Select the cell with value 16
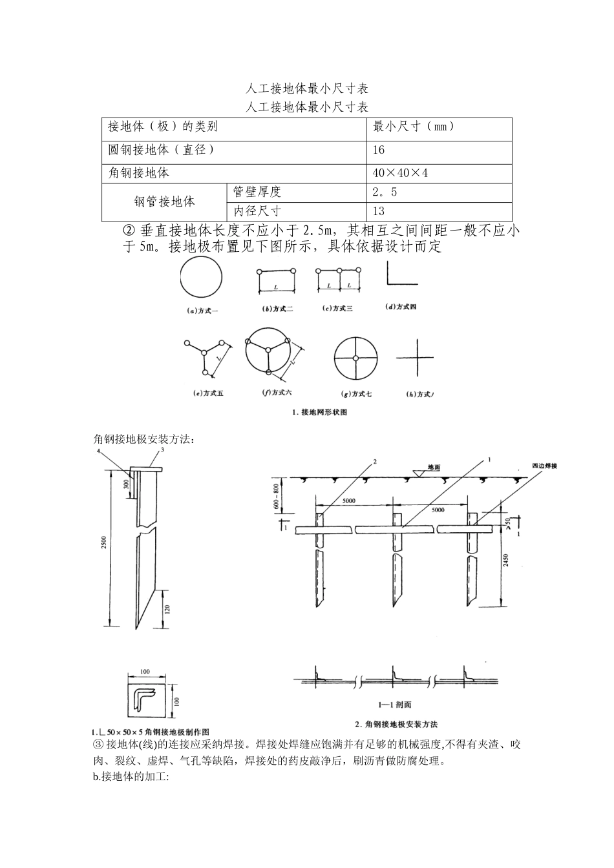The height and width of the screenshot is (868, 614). (x=379, y=150)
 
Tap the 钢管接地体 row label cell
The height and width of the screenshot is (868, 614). (x=164, y=201)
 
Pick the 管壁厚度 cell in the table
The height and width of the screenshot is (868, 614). (x=257, y=192)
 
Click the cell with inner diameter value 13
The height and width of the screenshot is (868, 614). (x=379, y=211)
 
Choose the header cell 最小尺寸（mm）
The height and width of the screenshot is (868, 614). (x=414, y=127)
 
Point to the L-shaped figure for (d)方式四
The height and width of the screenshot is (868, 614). (x=401, y=274)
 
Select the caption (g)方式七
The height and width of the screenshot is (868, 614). (x=355, y=393)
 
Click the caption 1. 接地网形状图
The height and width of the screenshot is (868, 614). (x=320, y=412)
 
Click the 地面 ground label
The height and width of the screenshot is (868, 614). (x=434, y=467)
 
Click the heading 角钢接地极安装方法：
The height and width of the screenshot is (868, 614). (x=144, y=439)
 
